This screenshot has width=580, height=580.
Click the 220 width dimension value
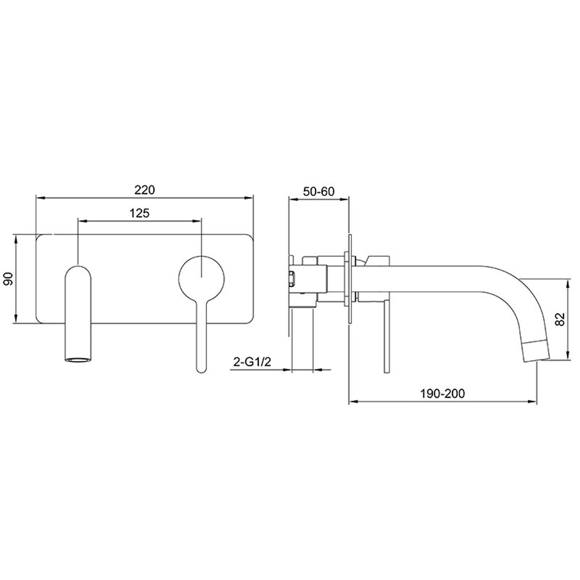pyautogui.click(x=145, y=190)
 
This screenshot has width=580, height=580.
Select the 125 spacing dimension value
pyautogui.click(x=139, y=213)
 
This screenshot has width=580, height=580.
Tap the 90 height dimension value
pyautogui.click(x=8, y=279)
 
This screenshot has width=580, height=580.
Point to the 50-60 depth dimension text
pyautogui.click(x=319, y=191)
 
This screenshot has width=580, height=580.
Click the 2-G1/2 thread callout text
pyautogui.click(x=252, y=362)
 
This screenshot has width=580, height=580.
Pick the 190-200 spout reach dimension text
pyautogui.click(x=443, y=393)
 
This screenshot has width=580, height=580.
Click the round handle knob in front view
pyautogui.click(x=201, y=278)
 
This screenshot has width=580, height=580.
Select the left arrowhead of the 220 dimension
pyautogui.click(x=39, y=198)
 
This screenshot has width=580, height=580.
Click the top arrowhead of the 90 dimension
pyautogui.click(x=16, y=238)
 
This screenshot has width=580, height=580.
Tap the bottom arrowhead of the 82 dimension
pyautogui.click(x=568, y=357)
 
